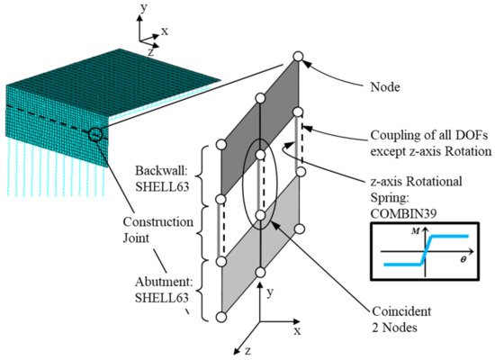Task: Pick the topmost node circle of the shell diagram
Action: [x=298, y=58]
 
